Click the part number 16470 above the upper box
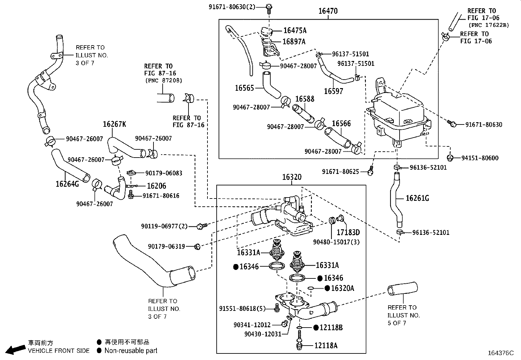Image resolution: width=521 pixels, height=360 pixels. click(328, 11)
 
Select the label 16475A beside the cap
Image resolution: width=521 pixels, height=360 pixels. click(295, 30)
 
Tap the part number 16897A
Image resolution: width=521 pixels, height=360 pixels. click(294, 41)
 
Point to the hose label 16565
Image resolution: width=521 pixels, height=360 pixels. click(244, 88)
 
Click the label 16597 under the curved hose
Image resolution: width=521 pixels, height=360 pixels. click(333, 91)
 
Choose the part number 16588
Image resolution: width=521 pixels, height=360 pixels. click(305, 99)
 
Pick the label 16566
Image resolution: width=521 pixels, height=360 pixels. click(341, 123)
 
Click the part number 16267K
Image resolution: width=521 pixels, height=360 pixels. click(115, 124)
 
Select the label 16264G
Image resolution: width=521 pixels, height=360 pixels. click(67, 184)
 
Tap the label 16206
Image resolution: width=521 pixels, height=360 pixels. click(156, 186)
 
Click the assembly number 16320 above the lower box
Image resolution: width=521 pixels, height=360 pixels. click(292, 177)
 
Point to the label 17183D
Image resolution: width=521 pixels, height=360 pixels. click(349, 232)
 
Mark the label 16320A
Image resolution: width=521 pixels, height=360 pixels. click(343, 288)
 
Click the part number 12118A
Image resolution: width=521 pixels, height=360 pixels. click(326, 345)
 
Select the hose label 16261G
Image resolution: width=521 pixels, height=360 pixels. click(417, 198)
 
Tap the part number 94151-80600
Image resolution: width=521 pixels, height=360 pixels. click(480, 158)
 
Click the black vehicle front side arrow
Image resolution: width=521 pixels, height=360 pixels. click(16, 349)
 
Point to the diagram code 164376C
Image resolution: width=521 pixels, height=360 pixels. click(501, 353)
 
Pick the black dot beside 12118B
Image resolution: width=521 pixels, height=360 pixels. click(316, 327)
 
